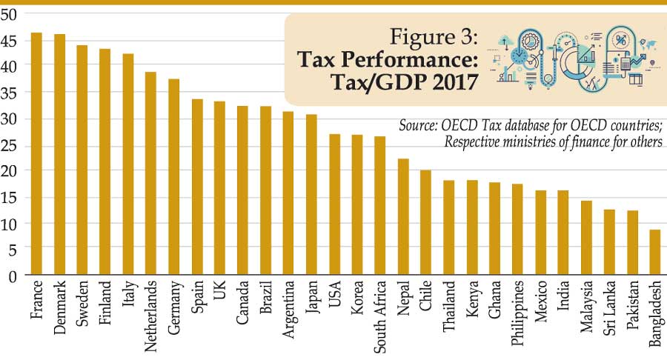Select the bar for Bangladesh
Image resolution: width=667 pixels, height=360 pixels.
coord(654,253)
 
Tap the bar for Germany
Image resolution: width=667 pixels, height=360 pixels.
coord(174,177)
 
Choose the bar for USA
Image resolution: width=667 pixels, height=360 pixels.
coord(334,204)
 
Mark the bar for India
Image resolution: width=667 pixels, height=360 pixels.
coord(563,233)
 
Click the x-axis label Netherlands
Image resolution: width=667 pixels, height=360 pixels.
coord(151,311)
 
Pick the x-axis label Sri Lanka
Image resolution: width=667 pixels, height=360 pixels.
coord(608,307)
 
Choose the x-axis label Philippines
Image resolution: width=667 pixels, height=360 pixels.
coord(517,311)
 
